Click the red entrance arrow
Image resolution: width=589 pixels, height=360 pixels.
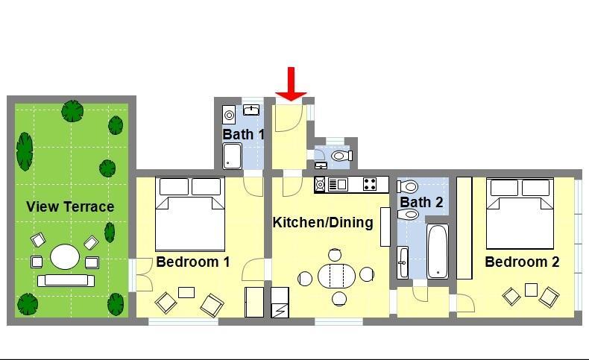click(x=291, y=84)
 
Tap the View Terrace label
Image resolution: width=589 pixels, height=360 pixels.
click(x=70, y=206)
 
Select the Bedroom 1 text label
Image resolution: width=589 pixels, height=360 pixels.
click(x=192, y=262)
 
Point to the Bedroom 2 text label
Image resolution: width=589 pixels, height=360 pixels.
click(x=522, y=262)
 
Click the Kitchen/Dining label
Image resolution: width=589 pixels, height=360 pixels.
click(x=323, y=222)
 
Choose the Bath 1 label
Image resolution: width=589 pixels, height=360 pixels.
click(x=243, y=134)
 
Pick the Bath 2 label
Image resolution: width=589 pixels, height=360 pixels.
click(x=421, y=202)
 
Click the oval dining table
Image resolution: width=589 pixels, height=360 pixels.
click(x=336, y=277)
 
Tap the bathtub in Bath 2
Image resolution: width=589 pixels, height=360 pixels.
click(x=438, y=251)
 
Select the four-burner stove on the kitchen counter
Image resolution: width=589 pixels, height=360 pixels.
click(x=370, y=184)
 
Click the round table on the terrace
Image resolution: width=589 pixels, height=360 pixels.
click(x=65, y=256)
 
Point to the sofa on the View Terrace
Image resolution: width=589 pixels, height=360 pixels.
click(x=66, y=280)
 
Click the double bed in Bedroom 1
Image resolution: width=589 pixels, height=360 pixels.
click(x=190, y=214)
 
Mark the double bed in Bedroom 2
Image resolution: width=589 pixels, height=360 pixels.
click(x=520, y=214)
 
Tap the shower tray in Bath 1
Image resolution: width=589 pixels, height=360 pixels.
click(x=232, y=157)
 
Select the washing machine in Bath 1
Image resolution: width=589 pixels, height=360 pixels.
click(x=229, y=115)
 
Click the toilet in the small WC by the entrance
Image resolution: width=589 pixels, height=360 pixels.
click(x=341, y=155)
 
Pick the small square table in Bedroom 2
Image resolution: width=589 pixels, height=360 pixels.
click(x=531, y=290)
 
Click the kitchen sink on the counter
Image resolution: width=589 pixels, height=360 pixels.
click(x=338, y=184)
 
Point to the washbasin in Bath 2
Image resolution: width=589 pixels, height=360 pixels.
click(x=403, y=262)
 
